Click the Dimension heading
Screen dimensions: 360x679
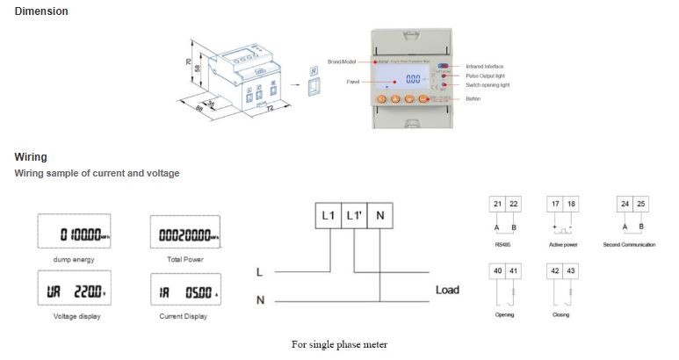[41, 11]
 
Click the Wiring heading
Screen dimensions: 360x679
[30, 157]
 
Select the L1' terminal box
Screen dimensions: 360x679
[355, 214]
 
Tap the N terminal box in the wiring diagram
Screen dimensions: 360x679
[379, 214]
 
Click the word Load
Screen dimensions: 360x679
[447, 290]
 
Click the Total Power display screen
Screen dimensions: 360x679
[184, 234]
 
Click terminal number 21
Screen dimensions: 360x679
[497, 204]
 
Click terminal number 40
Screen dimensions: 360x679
[497, 270]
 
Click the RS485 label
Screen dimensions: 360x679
[504, 244]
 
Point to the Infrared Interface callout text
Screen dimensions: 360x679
[485, 67]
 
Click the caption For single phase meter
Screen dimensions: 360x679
[339, 344]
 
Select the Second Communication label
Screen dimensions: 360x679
[629, 244]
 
